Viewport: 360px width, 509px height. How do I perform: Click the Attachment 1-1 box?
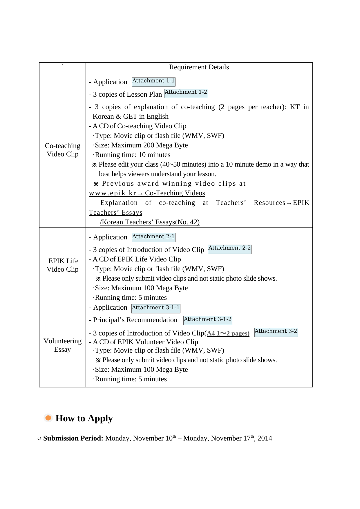153,82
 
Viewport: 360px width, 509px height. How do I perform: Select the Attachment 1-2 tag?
186,93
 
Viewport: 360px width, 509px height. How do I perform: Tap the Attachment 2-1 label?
153,237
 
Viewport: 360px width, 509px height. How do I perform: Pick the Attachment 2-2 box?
229,249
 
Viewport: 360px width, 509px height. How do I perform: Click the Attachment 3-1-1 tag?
156,308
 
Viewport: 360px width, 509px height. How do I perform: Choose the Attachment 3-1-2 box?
208,320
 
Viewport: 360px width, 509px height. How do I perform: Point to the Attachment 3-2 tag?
276,332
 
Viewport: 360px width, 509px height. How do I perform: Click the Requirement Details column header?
199,67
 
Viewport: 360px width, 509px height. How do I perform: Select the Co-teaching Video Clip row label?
63,150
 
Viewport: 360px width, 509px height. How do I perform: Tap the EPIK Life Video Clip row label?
63,265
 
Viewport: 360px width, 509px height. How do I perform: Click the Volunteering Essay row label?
63,345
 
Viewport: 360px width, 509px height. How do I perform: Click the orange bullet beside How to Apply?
48,418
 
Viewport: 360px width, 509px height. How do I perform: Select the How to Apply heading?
84,418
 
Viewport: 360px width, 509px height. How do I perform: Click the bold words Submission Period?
73,438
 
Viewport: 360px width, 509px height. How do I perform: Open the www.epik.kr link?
113,193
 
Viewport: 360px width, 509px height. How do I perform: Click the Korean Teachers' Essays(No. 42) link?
150,222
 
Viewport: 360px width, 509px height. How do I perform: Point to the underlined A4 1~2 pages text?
228,333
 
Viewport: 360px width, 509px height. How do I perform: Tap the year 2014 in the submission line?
265,438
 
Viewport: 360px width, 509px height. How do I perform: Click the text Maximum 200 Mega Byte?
149,145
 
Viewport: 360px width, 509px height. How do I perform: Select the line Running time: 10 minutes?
132,155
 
